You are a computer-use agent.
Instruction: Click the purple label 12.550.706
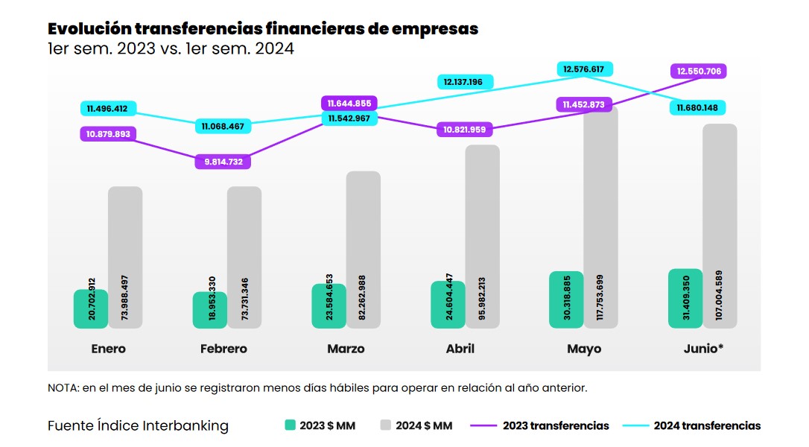click(699, 72)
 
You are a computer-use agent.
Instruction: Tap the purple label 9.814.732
click(223, 162)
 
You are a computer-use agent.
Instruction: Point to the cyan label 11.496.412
click(107, 109)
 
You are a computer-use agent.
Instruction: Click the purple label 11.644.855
click(349, 104)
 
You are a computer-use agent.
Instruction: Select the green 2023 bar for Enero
click(91, 308)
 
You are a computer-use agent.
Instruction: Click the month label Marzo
click(346, 349)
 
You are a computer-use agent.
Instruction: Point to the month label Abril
click(460, 349)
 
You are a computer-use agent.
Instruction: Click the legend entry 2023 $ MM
click(320, 426)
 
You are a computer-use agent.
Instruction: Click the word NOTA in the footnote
click(63, 388)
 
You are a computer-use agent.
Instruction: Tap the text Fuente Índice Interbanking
click(138, 426)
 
